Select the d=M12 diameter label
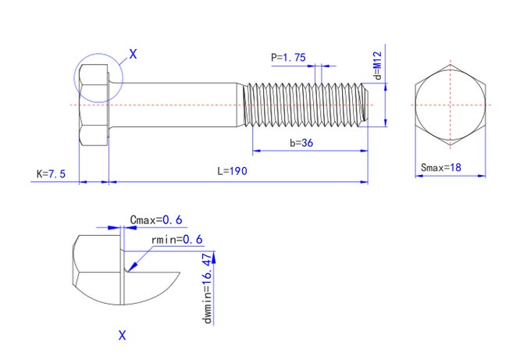point(376,66)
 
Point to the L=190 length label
point(232,172)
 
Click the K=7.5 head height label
point(51,173)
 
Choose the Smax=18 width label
point(441,167)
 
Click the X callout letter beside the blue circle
point(133,54)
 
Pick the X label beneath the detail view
point(122,336)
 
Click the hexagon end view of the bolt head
point(450,104)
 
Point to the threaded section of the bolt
point(305,104)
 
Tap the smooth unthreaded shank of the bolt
point(176,104)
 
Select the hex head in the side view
point(93,104)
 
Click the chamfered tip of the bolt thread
point(365,104)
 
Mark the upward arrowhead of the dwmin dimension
point(219,257)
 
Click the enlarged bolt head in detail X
point(98,269)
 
